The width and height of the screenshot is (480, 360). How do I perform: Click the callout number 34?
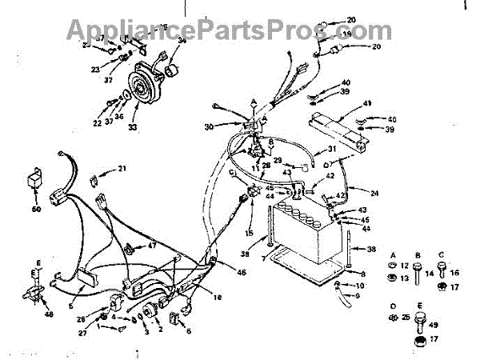tap(182, 40)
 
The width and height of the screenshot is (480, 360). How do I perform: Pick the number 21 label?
tap(122, 168)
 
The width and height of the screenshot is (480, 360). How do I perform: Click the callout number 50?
tap(35, 210)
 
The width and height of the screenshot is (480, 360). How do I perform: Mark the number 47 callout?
tap(152, 245)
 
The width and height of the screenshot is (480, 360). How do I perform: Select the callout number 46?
tap(241, 273)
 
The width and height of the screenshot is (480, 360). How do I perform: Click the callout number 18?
tap(216, 298)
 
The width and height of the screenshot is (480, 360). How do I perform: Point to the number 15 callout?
tap(249, 233)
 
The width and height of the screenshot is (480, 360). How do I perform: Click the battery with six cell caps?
tap(302, 236)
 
